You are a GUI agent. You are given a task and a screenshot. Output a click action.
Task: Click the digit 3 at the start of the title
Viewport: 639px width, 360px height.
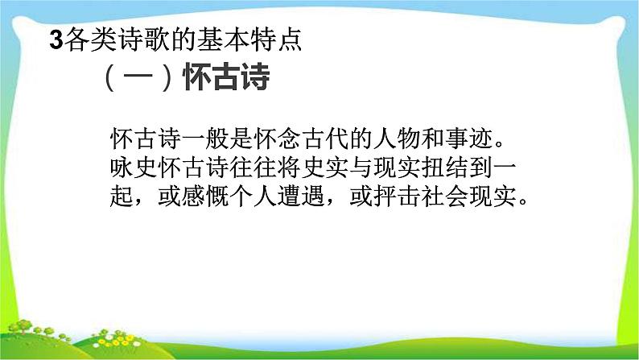[x=56, y=41]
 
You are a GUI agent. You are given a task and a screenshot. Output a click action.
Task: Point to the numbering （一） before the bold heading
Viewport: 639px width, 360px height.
[x=137, y=80]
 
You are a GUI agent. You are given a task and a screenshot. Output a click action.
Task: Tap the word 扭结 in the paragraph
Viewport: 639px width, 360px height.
[x=460, y=169]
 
